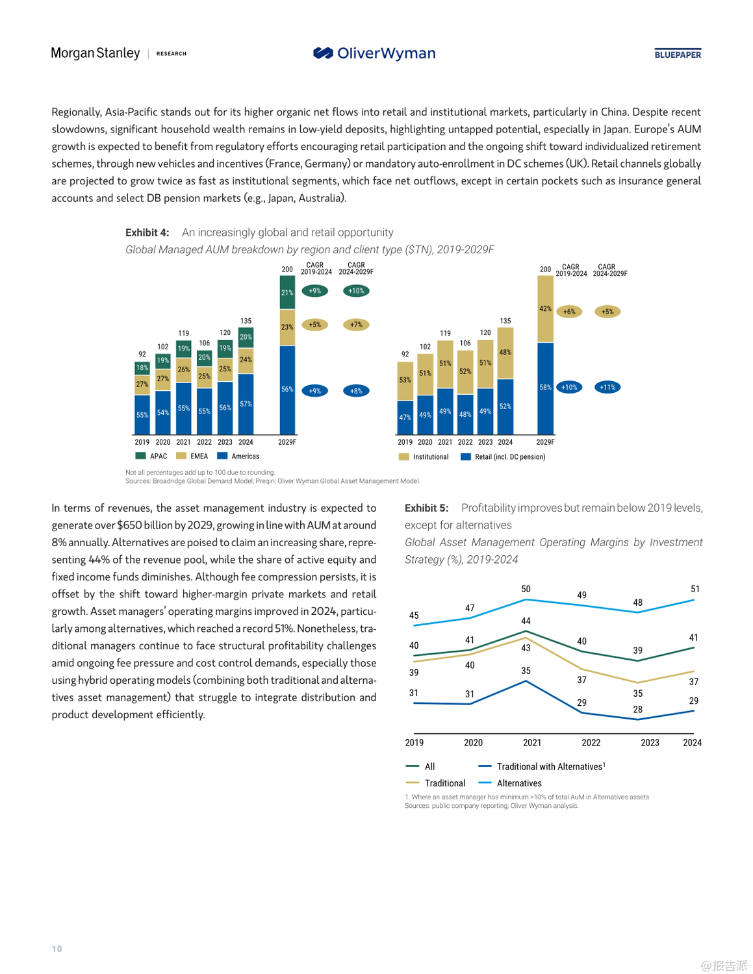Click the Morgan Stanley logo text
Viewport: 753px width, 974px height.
96,53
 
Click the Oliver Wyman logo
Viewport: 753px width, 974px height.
374,53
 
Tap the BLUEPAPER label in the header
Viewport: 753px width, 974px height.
678,55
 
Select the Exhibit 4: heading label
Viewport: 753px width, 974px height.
147,232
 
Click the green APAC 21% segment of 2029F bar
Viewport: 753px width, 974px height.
287,292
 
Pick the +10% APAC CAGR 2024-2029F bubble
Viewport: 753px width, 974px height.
356,291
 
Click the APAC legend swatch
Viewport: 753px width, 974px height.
140,456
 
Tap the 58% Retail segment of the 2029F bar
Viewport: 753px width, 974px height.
545,388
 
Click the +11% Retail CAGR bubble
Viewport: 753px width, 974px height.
607,388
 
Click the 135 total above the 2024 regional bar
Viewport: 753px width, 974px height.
246,321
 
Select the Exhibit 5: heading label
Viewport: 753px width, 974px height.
427,508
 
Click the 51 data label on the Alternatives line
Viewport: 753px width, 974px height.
695,589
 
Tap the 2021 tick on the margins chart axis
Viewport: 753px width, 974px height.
532,743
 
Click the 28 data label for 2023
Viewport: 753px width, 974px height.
637,710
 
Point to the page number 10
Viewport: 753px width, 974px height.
57,949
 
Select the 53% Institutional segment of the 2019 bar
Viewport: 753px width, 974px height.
405,380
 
